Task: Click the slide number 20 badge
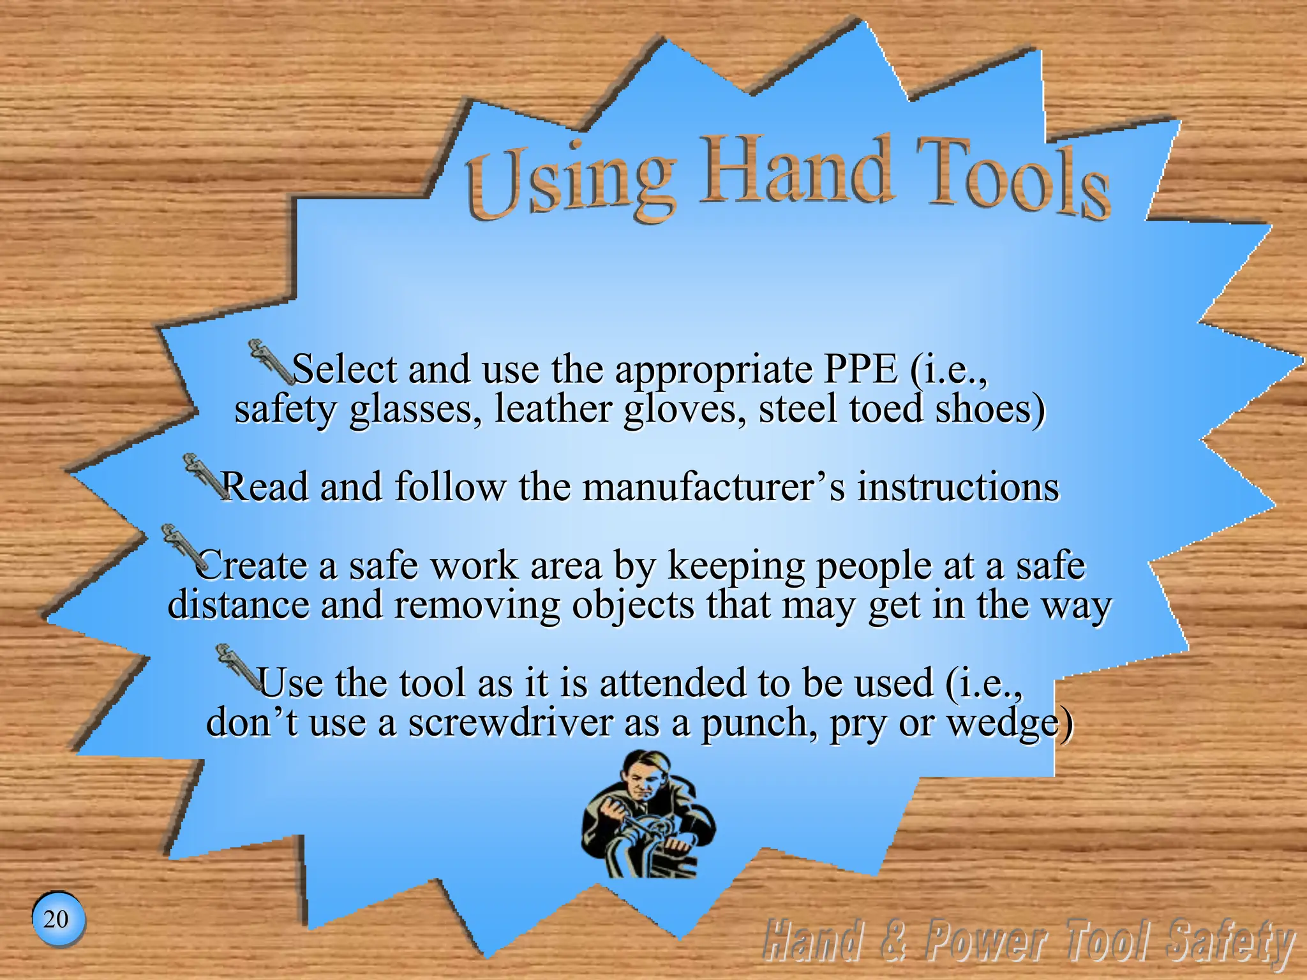(x=57, y=919)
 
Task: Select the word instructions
(x=958, y=487)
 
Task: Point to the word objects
(x=632, y=605)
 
